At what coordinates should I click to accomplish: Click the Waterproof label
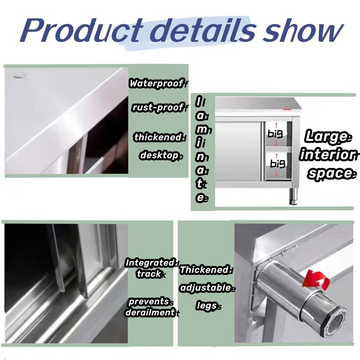pyautogui.click(x=156, y=83)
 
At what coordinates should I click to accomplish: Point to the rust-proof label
pyautogui.click(x=157, y=108)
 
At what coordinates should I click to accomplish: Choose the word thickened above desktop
pyautogui.click(x=157, y=137)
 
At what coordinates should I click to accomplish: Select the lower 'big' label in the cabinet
pyautogui.click(x=278, y=162)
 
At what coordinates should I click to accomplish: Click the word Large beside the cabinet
pyautogui.click(x=327, y=136)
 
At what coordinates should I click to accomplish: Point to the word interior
pyautogui.click(x=328, y=155)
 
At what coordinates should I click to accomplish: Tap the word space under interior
pyautogui.click(x=330, y=173)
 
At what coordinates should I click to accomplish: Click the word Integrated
pyautogui.click(x=150, y=263)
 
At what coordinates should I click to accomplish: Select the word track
pyautogui.click(x=149, y=274)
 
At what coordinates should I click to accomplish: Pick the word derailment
pyautogui.click(x=150, y=312)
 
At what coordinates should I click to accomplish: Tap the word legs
pyautogui.click(x=207, y=306)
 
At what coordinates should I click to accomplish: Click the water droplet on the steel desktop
pyautogui.click(x=19, y=76)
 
